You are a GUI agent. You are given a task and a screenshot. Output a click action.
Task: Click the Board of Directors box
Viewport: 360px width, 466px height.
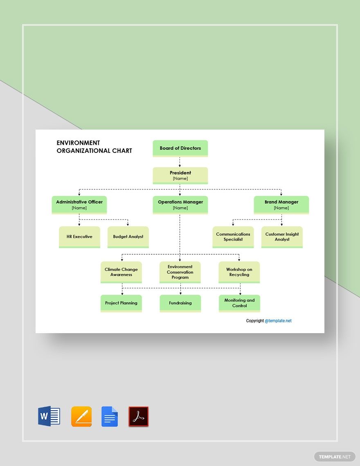click(180, 148)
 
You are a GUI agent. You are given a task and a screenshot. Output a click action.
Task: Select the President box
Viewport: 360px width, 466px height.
click(180, 175)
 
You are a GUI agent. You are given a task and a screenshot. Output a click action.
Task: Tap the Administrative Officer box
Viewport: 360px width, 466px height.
click(79, 204)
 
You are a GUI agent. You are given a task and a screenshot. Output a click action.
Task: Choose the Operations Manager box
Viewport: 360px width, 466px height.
click(180, 204)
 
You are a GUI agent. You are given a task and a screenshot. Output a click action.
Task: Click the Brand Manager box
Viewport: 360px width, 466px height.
click(281, 204)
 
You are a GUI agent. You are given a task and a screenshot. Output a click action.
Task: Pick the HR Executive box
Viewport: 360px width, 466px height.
click(79, 237)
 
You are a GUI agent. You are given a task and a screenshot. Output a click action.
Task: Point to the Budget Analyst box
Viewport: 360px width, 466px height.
click(128, 237)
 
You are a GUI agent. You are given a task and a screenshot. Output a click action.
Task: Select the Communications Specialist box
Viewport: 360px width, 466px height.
click(233, 237)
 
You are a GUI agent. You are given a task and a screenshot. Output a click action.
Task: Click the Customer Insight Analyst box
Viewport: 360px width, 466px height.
click(282, 237)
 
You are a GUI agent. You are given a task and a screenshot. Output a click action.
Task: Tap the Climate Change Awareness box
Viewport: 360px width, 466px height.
click(121, 272)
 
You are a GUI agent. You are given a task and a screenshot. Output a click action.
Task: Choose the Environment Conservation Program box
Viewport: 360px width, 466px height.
click(180, 272)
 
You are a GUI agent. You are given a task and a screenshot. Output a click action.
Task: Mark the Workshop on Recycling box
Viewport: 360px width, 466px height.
click(239, 272)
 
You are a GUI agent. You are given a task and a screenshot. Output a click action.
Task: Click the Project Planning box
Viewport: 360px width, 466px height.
click(121, 303)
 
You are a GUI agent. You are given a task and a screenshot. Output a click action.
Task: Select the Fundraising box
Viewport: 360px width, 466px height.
click(180, 303)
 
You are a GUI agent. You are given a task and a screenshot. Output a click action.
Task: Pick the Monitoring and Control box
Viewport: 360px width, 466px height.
click(239, 303)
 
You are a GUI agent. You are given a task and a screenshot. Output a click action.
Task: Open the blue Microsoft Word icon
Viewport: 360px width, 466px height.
click(49, 417)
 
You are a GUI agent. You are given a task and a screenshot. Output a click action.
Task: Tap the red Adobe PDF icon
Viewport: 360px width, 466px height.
click(139, 417)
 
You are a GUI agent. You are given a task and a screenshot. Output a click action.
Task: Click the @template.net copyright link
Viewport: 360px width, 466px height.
click(278, 321)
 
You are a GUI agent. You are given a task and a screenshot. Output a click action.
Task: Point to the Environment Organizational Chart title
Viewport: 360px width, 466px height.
click(94, 147)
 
